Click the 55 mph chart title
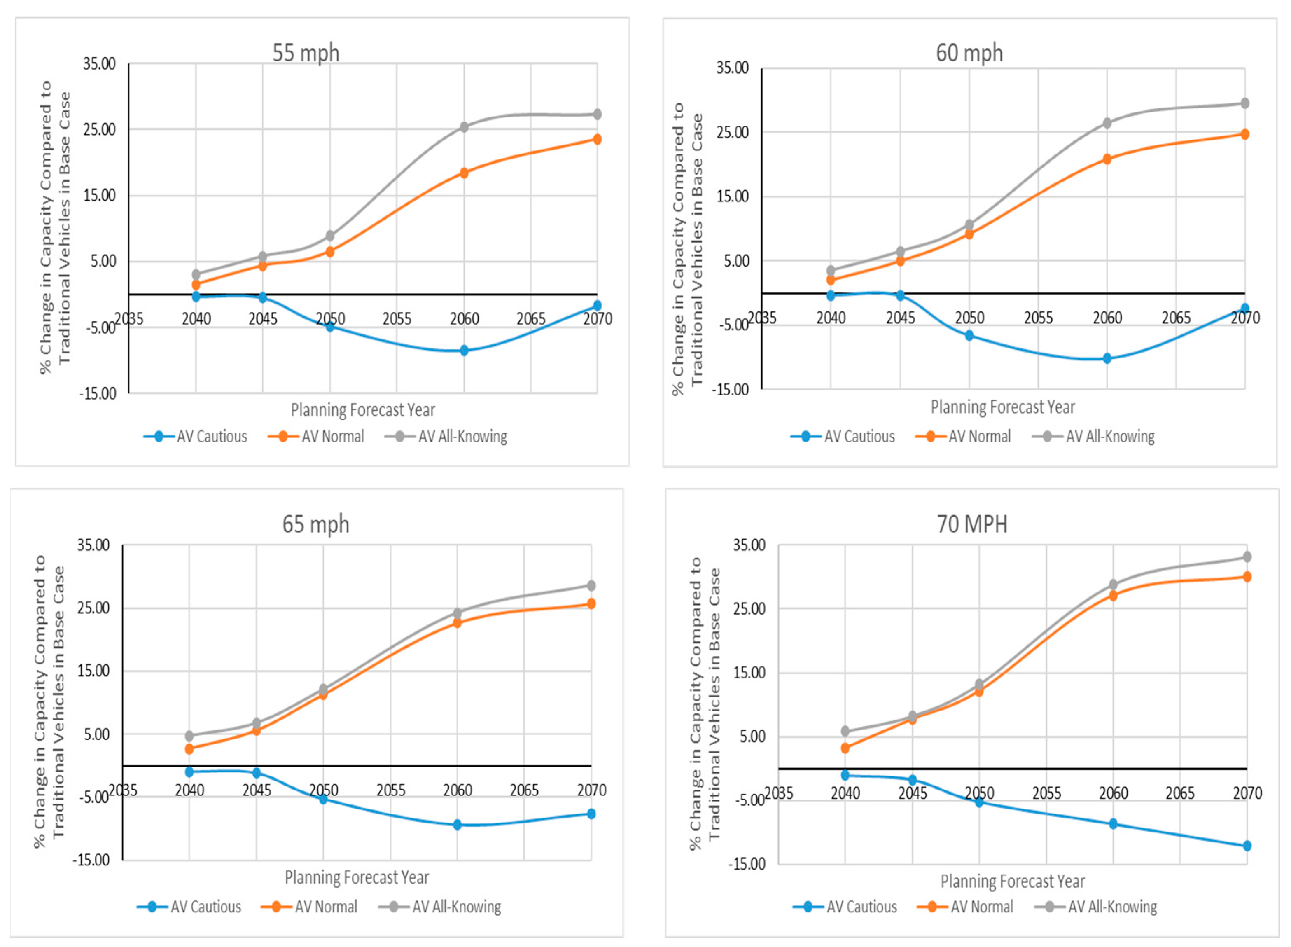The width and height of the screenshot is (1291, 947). click(x=306, y=53)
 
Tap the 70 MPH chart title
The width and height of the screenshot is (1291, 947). click(x=972, y=524)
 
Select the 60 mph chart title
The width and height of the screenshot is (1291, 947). click(x=969, y=53)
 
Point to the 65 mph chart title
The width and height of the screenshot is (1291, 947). click(x=316, y=524)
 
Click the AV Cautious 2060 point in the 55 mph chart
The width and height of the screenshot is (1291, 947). click(x=464, y=350)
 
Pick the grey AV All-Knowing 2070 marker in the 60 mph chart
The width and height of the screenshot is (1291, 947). click(x=1244, y=103)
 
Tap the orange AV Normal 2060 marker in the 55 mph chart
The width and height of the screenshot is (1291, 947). click(x=464, y=173)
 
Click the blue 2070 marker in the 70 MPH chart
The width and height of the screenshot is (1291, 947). click(x=1247, y=846)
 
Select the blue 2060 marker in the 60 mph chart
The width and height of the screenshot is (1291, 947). click(x=1107, y=358)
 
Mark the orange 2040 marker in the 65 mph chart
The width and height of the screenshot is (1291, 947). click(x=189, y=748)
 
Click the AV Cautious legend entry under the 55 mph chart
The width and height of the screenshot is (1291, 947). click(x=195, y=436)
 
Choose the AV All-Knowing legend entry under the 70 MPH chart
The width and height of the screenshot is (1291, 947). click(x=1096, y=906)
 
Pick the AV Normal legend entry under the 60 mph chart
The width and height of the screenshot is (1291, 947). click(x=963, y=436)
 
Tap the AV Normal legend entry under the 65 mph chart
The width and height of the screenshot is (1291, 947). click(x=309, y=906)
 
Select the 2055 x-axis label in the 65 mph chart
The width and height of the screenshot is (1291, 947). click(x=391, y=790)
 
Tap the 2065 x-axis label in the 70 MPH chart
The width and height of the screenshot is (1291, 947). click(x=1180, y=793)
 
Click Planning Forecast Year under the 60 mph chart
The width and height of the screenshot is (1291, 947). click(x=1003, y=407)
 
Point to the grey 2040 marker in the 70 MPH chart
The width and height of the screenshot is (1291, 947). click(x=845, y=732)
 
